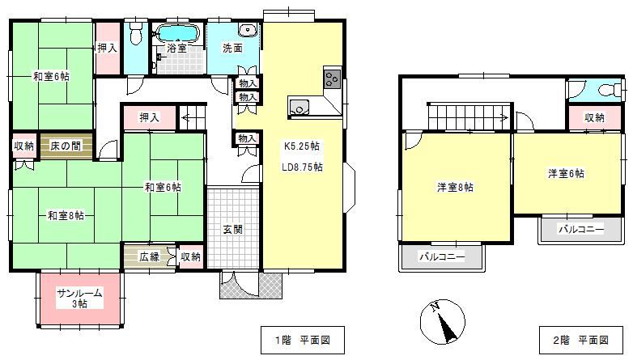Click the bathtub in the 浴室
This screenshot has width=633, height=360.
(177, 32)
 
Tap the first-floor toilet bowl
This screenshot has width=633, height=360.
(136, 32)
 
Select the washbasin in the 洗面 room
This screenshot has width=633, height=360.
(247, 29)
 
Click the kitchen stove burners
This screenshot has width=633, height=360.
(333, 78)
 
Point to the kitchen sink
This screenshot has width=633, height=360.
(299, 107)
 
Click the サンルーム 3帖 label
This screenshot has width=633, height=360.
(79, 299)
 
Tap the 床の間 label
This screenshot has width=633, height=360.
(66, 146)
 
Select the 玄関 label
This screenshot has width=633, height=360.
(233, 229)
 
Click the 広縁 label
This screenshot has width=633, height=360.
(149, 256)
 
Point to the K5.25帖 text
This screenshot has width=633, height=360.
(302, 146)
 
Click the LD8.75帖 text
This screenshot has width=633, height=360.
(302, 167)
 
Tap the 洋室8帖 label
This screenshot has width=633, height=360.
(455, 187)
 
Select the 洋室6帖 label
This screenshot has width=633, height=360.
(566, 174)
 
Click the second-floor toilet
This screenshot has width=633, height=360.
(611, 90)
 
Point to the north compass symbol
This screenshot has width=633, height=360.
(443, 322)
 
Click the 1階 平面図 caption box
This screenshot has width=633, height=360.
(303, 341)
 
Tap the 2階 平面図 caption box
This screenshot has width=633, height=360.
(581, 341)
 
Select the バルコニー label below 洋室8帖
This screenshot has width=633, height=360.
(442, 256)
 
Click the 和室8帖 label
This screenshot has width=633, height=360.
(66, 215)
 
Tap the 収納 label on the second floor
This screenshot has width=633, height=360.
(595, 117)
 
